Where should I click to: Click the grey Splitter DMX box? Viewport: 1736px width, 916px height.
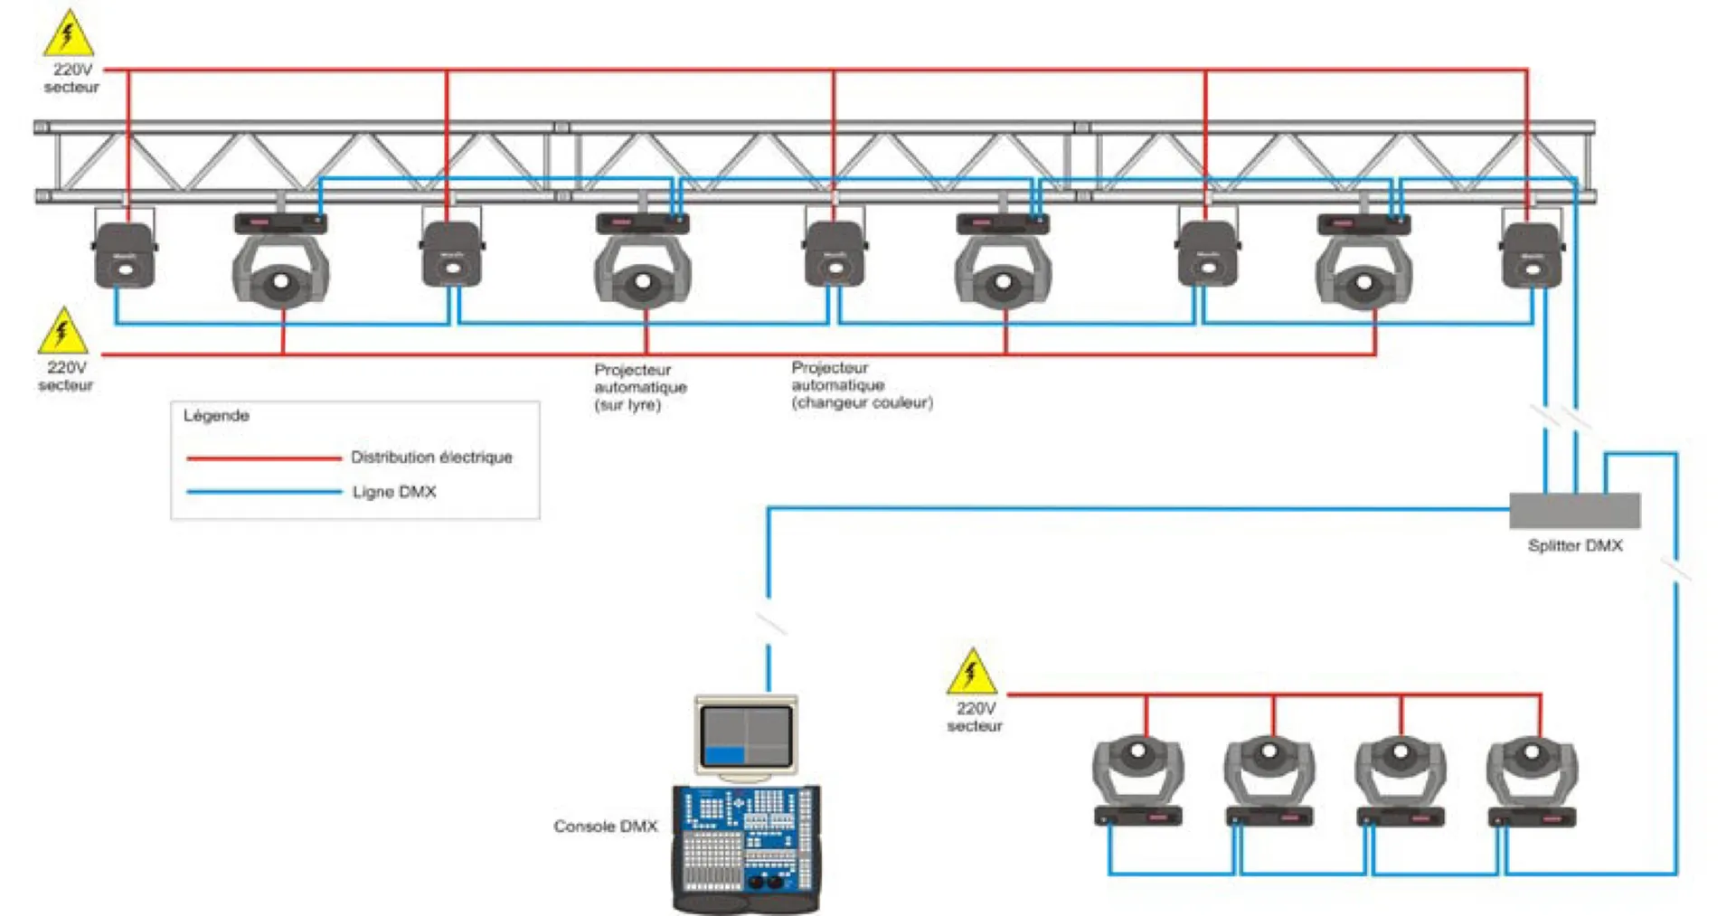coord(1574,511)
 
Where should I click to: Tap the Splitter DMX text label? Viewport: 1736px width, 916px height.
coord(1574,545)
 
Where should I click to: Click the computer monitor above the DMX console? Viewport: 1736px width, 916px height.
coord(746,736)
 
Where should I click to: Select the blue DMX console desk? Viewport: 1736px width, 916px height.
coord(746,845)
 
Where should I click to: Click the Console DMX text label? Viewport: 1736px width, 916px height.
coord(605,826)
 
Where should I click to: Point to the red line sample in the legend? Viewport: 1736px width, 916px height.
coord(263,458)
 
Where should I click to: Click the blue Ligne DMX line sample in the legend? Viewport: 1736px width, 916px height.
coord(263,492)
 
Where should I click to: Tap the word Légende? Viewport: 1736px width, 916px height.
coord(216,415)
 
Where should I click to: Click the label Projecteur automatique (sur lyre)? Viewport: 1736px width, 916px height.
coord(639,387)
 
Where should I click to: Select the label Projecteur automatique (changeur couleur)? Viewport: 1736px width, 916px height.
coord(861,385)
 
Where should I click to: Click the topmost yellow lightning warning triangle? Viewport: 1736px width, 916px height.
coord(69,34)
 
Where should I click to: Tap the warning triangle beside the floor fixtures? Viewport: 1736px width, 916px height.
coord(972,672)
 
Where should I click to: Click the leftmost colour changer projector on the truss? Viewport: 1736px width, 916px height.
coord(125,255)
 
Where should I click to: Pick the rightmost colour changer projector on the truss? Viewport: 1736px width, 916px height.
coord(1532,255)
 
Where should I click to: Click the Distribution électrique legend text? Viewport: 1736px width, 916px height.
coord(431,458)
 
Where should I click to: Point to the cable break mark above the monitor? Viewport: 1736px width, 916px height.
coord(770,622)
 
